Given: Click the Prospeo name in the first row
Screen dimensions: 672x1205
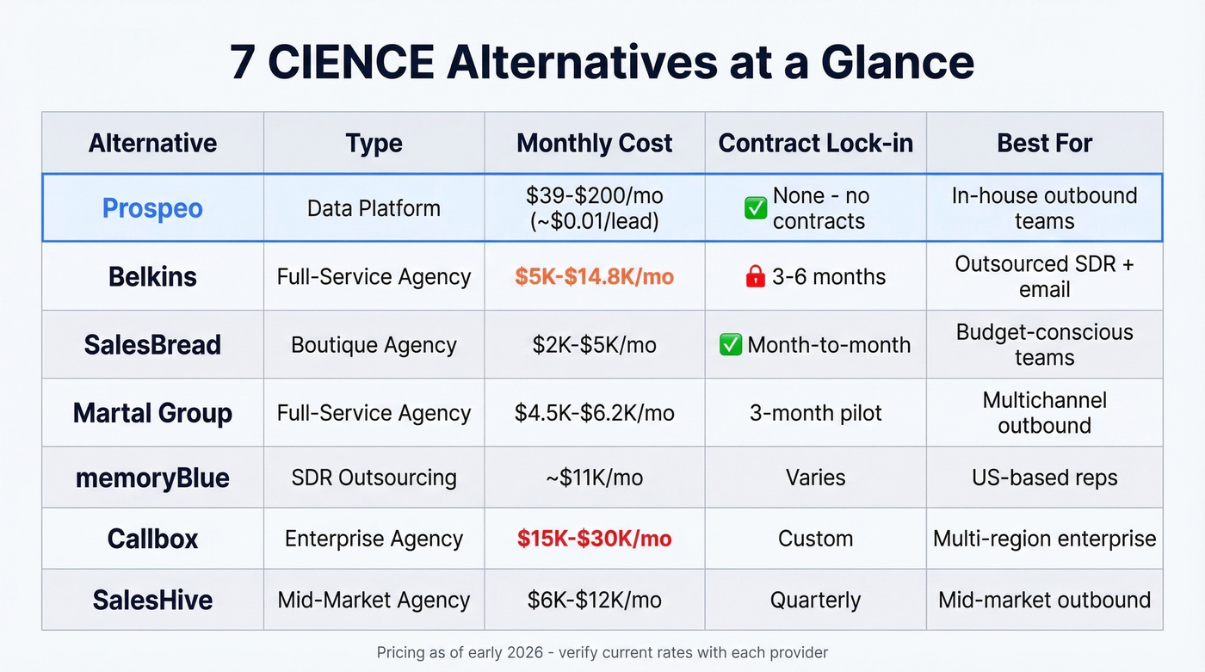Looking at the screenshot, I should coord(152,208).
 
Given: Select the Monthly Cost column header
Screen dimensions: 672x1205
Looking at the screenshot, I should coord(594,143).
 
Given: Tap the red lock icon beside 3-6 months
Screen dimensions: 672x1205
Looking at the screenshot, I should coord(755,276).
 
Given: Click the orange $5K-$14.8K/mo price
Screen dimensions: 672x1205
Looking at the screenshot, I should coord(594,276).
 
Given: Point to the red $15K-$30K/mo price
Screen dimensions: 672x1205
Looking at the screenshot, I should coord(594,539).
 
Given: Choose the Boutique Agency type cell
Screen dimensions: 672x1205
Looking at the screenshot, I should coord(374,345).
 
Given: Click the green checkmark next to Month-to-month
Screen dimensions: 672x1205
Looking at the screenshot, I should coord(731,345).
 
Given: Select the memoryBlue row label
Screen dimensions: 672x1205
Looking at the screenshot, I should coord(152,478).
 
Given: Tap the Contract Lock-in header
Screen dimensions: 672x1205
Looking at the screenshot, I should coord(815,143).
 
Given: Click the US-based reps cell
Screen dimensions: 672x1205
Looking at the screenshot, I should coord(1044,478).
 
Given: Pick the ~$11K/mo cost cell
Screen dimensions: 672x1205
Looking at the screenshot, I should coord(594,478).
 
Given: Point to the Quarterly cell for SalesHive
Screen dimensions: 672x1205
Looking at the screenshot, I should coord(815,600).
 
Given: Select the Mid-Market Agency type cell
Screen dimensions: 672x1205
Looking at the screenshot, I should coord(374,600).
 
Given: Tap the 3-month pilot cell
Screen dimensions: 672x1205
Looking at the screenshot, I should coord(815,413).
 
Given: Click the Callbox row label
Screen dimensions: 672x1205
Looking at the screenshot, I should coord(152,539).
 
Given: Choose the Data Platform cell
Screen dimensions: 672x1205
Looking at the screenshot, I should coord(374,208).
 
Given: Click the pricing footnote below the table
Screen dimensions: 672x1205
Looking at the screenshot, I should coord(602,652).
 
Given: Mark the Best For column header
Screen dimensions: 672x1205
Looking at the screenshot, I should coord(1044,143).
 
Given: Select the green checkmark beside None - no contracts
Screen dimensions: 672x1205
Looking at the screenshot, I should coord(756,208).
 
